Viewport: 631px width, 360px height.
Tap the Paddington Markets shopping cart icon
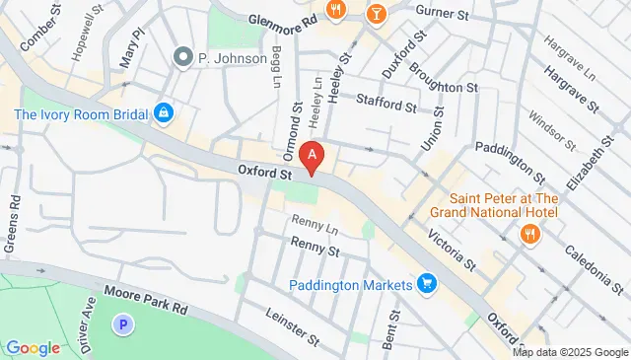[x=427, y=284]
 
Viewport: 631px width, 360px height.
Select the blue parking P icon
[x=123, y=323]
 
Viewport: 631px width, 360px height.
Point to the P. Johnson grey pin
[x=181, y=57]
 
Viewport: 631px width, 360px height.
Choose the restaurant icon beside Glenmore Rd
[x=337, y=10]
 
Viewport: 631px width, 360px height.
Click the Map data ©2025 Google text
[x=570, y=352]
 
